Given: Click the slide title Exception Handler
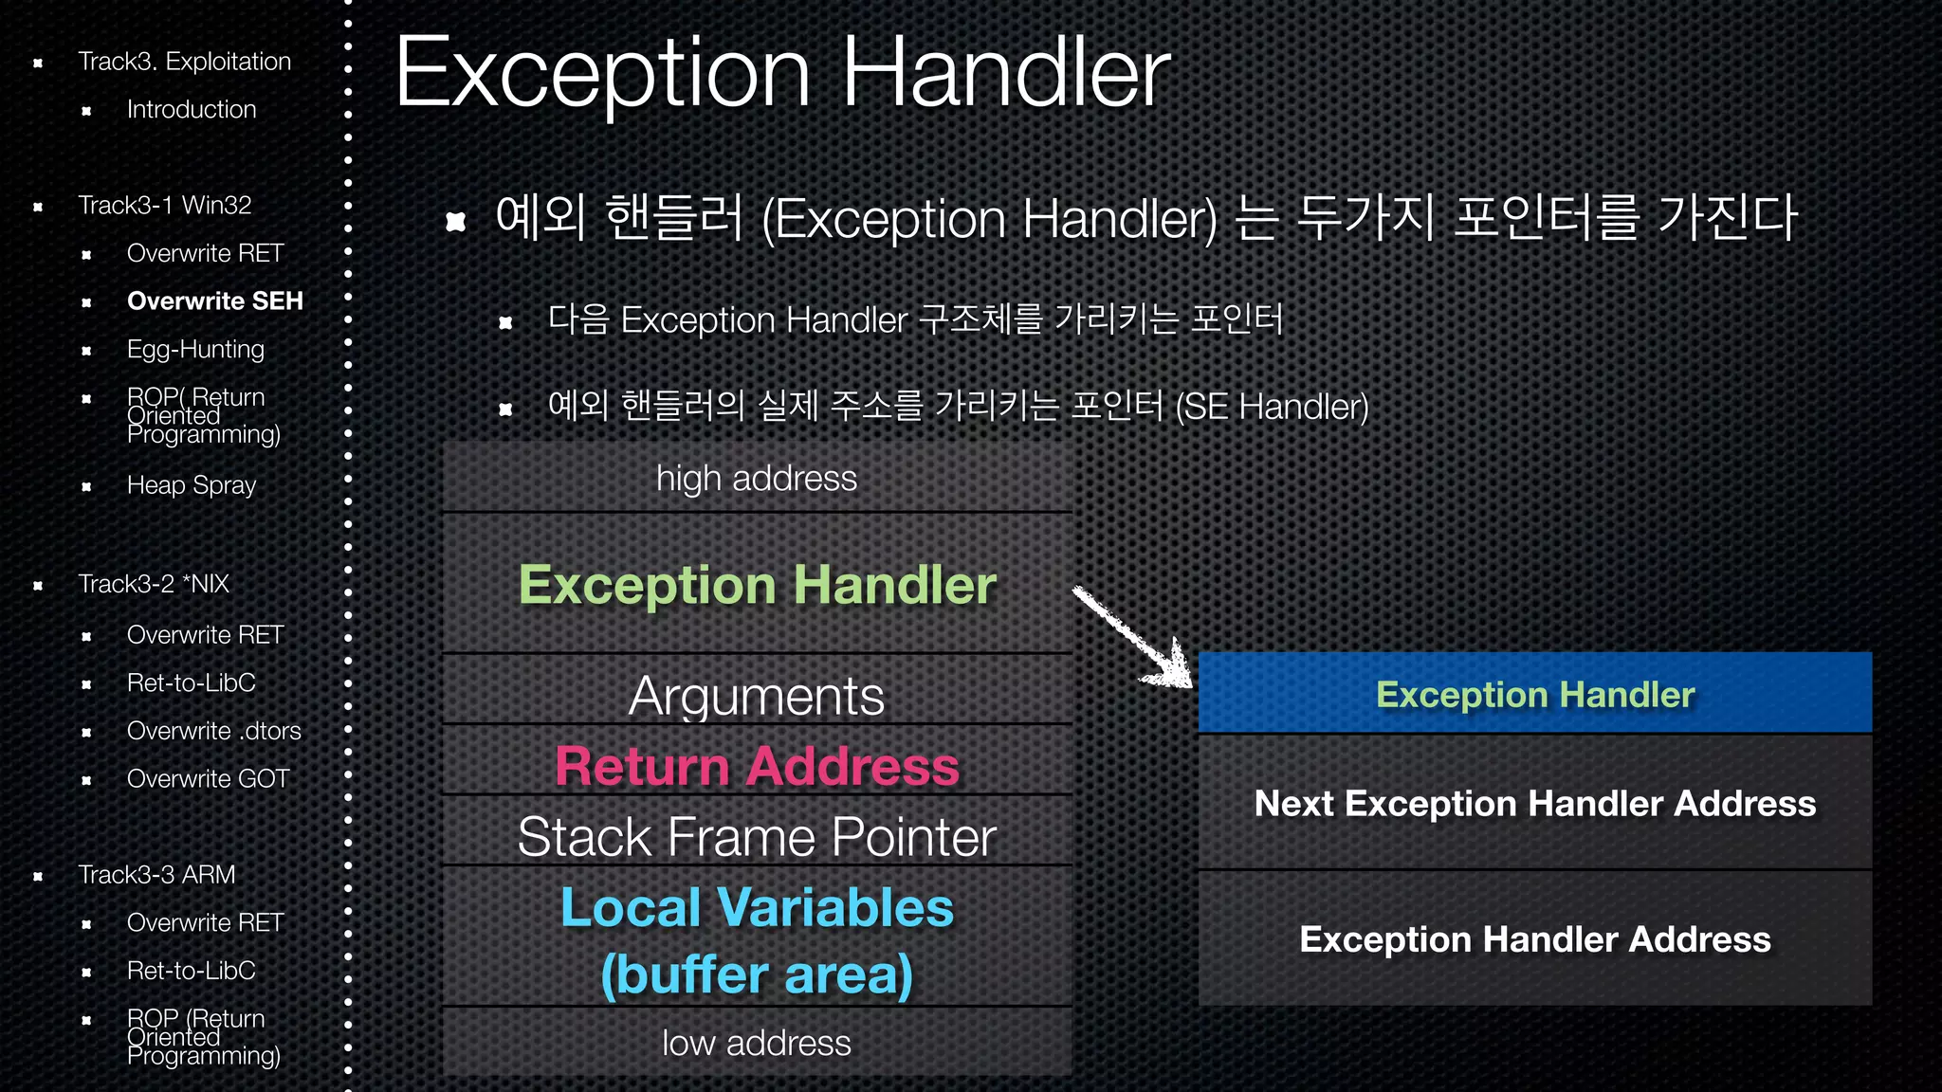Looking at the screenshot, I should [x=782, y=74].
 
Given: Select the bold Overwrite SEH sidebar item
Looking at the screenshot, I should [x=214, y=301].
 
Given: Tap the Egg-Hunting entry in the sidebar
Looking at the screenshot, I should [x=195, y=350].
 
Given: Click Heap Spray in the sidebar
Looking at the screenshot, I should [x=192, y=485].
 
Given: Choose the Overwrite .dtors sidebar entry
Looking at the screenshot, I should [x=213, y=731].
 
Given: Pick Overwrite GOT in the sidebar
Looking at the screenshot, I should [x=208, y=779].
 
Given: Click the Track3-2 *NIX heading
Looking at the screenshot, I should [x=154, y=584].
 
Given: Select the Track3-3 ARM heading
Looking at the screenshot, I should [x=156, y=875].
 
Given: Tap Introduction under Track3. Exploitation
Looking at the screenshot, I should [x=192, y=110].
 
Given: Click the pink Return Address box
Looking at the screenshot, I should [x=757, y=766].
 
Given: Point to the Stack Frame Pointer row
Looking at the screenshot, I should [x=757, y=837].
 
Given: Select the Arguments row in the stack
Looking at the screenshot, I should [x=757, y=697].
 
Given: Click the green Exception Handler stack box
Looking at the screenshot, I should [x=757, y=585].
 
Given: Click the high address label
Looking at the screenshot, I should [x=757, y=479].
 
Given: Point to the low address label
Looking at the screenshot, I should [x=757, y=1043].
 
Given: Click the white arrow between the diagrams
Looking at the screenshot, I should [x=1133, y=637].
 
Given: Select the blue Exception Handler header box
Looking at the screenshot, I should [x=1534, y=694].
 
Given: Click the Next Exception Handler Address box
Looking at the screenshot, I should [x=1534, y=804].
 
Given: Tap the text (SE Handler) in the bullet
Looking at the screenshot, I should [x=1272, y=408].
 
